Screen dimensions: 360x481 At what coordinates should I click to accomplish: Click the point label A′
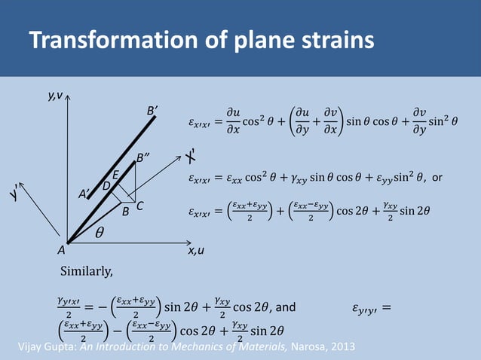(x=84, y=194)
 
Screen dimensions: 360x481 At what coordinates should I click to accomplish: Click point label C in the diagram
(x=140, y=205)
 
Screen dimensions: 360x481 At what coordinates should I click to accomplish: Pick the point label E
(x=117, y=175)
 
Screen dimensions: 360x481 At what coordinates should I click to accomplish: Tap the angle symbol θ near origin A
(x=100, y=234)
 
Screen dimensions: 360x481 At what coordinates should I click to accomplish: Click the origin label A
(x=60, y=252)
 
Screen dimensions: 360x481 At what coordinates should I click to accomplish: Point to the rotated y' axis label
(x=15, y=195)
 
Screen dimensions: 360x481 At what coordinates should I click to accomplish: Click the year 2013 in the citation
(x=340, y=346)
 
